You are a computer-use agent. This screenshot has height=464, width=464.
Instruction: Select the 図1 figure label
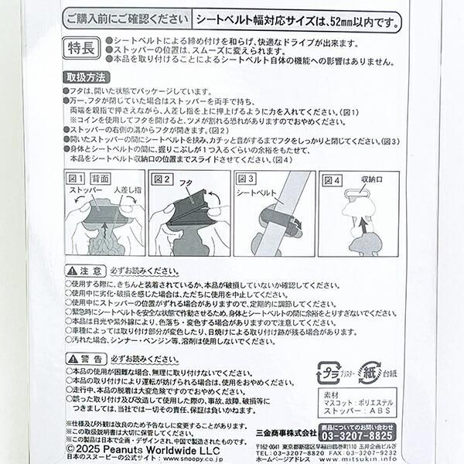click(x=75, y=179)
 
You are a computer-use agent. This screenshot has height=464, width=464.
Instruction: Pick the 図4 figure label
click(x=332, y=179)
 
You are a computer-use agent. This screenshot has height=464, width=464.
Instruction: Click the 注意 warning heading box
click(x=84, y=271)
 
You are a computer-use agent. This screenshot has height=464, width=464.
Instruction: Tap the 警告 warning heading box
click(x=84, y=360)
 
